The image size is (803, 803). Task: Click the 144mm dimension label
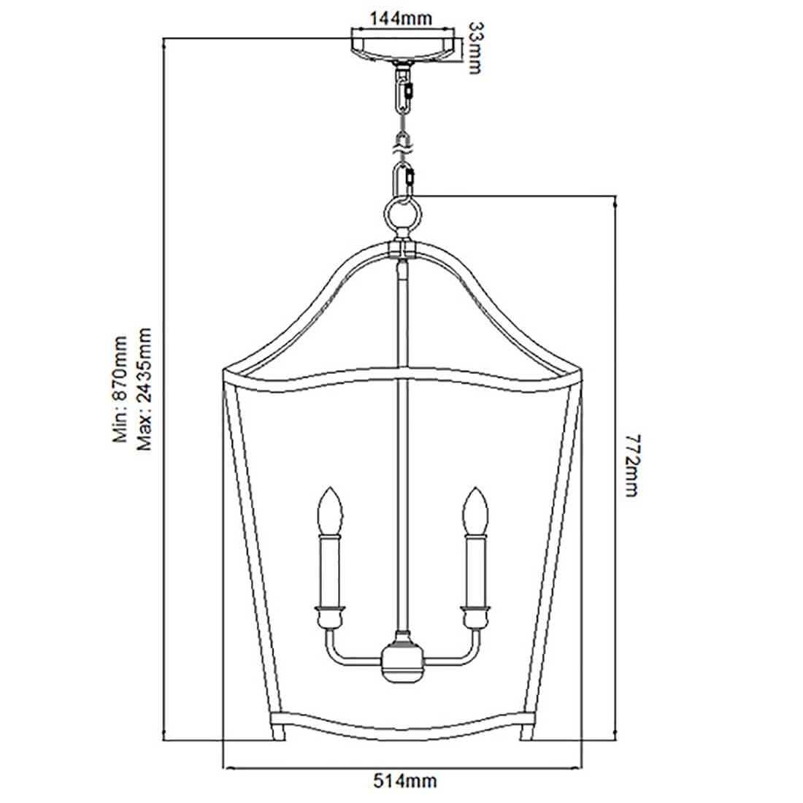401,19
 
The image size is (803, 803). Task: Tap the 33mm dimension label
474,48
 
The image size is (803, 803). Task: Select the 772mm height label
631,465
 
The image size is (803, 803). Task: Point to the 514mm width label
404,781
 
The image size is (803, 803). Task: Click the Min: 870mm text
120,388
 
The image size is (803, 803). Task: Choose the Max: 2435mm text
145,388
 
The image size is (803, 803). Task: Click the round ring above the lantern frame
402,217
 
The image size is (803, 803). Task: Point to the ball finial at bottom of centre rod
402,661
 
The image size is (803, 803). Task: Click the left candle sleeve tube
330,571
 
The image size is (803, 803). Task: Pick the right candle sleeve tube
475,571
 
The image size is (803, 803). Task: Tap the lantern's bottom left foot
278,731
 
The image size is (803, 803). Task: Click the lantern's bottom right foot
526,731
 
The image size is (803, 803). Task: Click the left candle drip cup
330,617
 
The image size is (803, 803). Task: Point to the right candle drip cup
475,617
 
